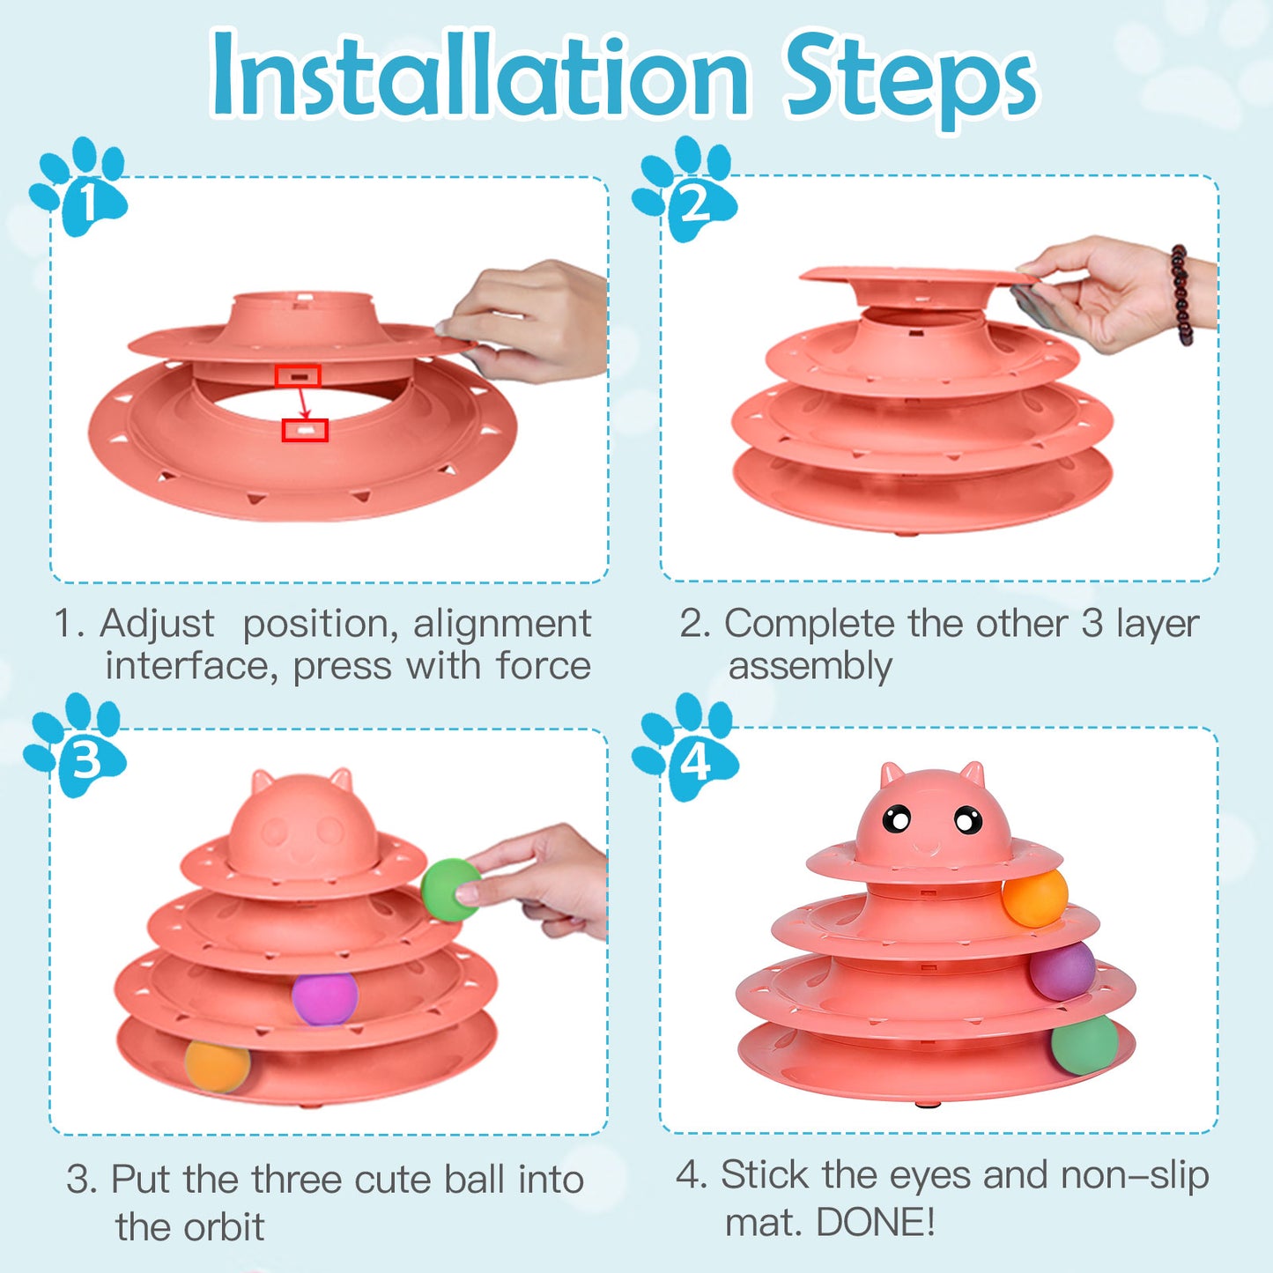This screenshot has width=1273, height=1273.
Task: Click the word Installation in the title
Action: [480, 77]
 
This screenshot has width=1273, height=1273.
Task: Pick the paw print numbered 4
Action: [686, 748]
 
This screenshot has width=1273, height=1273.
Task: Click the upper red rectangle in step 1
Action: [297, 376]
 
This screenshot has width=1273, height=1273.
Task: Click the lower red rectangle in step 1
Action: [305, 430]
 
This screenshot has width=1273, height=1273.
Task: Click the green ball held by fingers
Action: [448, 890]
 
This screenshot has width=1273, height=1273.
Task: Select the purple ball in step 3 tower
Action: [324, 998]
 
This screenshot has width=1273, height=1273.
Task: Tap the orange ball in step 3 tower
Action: [217, 1065]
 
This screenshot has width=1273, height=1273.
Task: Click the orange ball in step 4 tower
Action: [1034, 898]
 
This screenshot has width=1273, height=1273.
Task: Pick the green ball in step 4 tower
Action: [1084, 1045]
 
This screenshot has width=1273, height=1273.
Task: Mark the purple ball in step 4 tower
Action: [1062, 971]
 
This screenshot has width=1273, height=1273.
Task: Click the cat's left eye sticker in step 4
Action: [897, 820]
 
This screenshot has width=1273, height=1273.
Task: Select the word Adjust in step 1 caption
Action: [157, 624]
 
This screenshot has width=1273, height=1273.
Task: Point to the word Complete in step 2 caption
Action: [809, 624]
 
